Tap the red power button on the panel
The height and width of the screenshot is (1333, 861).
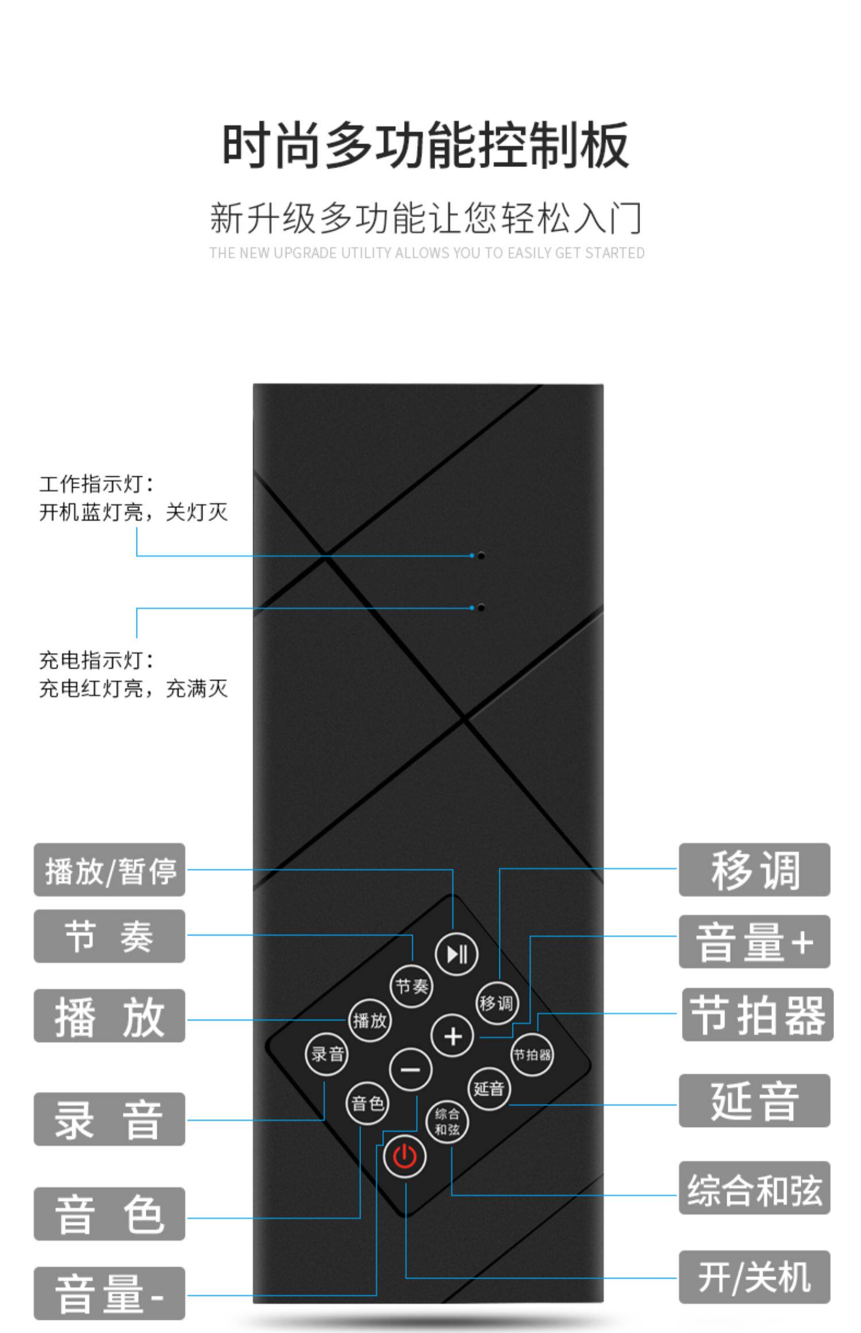click(x=405, y=1157)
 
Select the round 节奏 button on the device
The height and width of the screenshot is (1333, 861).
click(x=412, y=986)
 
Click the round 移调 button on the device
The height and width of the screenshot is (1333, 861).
click(x=496, y=1003)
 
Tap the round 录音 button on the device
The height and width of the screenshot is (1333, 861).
click(x=327, y=1053)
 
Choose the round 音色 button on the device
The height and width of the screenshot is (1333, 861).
click(x=367, y=1103)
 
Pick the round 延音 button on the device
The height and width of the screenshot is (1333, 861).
click(x=489, y=1088)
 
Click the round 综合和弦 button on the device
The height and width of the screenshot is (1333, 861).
click(x=447, y=1122)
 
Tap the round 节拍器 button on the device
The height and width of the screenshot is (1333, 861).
click(x=532, y=1054)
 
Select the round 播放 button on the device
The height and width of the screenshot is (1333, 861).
click(x=370, y=1020)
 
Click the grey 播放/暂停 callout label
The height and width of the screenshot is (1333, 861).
click(x=110, y=870)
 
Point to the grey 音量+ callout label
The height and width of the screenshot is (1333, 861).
click(x=754, y=942)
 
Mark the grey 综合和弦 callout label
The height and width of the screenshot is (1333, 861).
click(x=754, y=1188)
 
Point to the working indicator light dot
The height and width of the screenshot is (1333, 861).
click(x=481, y=556)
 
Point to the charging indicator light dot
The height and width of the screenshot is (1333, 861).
click(x=481, y=607)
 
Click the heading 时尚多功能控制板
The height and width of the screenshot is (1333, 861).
click(x=425, y=145)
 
